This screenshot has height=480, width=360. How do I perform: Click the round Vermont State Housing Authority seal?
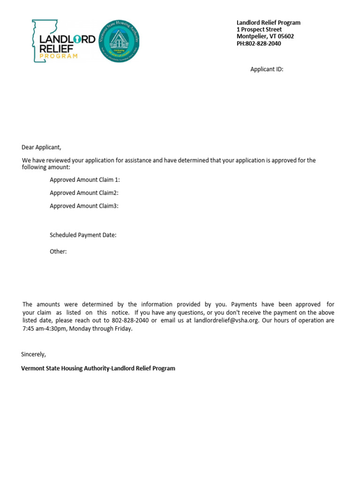(x=119, y=41)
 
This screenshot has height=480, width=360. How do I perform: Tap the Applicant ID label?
(x=267, y=69)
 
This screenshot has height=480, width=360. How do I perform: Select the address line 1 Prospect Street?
(x=259, y=30)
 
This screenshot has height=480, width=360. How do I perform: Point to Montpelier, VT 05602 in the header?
(x=265, y=37)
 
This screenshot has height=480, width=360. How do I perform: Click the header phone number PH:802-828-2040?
(x=259, y=44)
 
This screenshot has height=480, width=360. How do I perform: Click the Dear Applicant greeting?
(x=42, y=147)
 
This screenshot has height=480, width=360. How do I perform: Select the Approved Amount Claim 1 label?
(x=85, y=180)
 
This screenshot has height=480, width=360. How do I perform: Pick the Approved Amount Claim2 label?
(x=84, y=193)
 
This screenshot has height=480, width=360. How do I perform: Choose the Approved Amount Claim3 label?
(x=84, y=206)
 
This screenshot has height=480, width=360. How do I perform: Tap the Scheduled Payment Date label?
(x=83, y=235)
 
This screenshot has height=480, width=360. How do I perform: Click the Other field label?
(x=58, y=252)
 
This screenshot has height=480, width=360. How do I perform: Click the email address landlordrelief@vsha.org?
(x=226, y=321)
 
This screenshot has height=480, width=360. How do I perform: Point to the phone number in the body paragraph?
(x=130, y=321)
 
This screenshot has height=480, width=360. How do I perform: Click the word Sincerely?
(x=34, y=354)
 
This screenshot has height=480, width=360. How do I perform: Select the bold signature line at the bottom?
(x=98, y=368)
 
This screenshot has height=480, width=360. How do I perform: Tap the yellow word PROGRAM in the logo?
(x=59, y=56)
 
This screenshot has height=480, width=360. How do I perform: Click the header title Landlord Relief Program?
(x=268, y=22)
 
